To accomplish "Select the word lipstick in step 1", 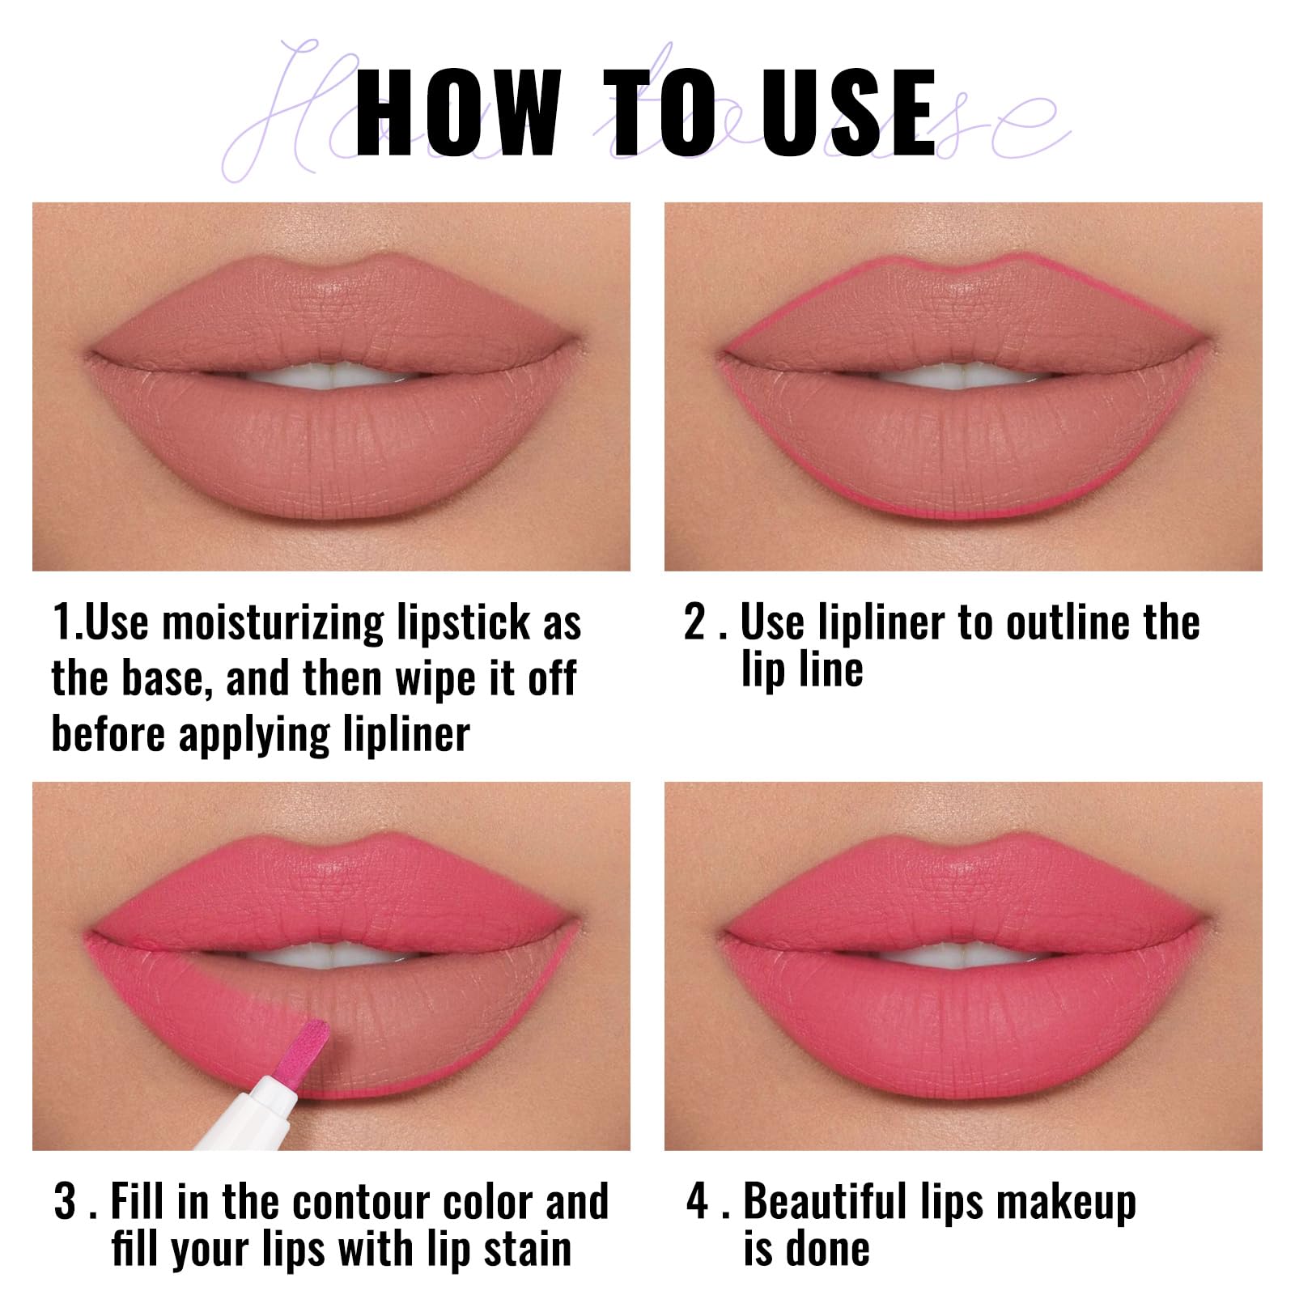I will point(463,624).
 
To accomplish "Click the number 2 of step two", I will point(695,622).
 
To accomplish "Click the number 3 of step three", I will point(65,1201).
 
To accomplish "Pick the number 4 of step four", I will point(697,1201).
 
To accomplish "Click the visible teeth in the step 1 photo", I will point(332,376).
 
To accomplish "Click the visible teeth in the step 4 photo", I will point(963,955).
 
